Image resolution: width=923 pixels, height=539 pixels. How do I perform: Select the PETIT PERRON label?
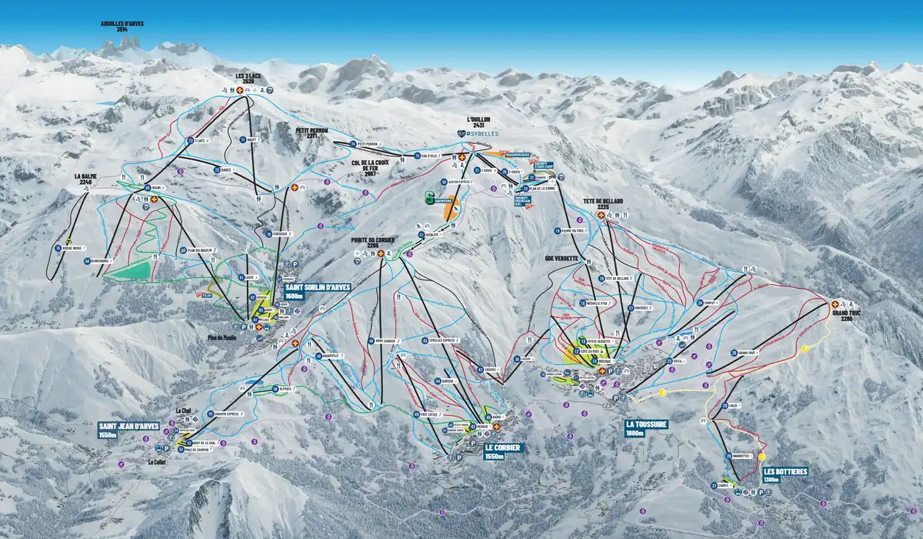pyautogui.click(x=312, y=133)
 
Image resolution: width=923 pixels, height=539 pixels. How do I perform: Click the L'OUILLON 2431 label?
pyautogui.click(x=478, y=122)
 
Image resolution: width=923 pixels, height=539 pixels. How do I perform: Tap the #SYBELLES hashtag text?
pyautogui.click(x=481, y=133)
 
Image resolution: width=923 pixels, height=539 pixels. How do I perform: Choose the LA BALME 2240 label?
pyautogui.click(x=85, y=179)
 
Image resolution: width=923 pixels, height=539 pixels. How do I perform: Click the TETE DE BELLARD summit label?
pyautogui.click(x=602, y=203)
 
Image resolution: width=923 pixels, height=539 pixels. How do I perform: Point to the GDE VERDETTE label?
pyautogui.click(x=561, y=258)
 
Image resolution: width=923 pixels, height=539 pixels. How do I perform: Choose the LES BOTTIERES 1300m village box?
pyautogui.click(x=782, y=475)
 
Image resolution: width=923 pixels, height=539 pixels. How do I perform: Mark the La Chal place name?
pyautogui.click(x=182, y=410)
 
